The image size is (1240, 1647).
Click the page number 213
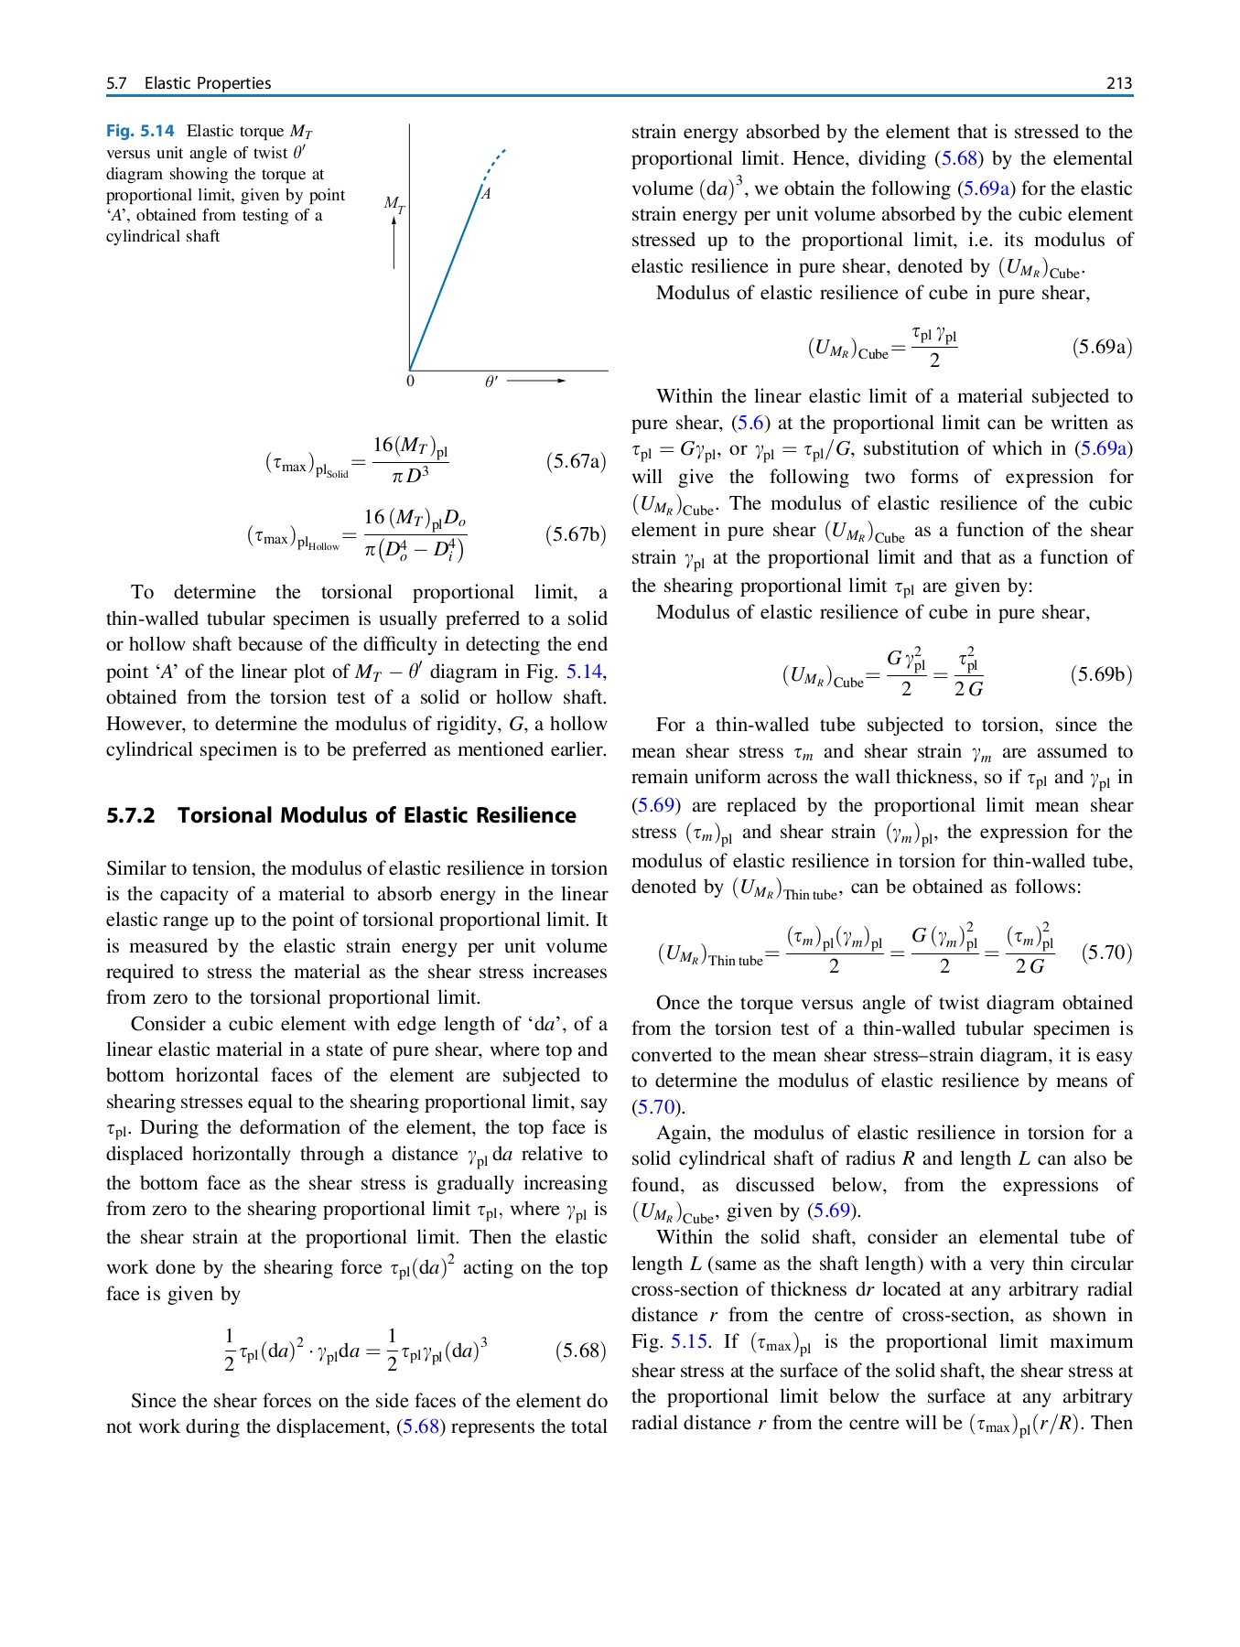pyautogui.click(x=1118, y=83)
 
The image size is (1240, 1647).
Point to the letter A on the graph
pyautogui.click(x=487, y=194)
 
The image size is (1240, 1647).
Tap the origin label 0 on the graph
pyautogui.click(x=410, y=381)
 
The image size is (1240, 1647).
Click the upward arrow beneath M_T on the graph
pyautogui.click(x=394, y=243)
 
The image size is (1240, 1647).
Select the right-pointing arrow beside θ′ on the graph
pyautogui.click(x=536, y=381)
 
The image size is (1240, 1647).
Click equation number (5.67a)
pyautogui.click(x=576, y=461)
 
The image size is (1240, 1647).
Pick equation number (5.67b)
pyautogui.click(x=576, y=534)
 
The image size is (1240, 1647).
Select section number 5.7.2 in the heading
pyautogui.click(x=131, y=815)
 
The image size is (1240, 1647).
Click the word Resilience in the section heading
pyautogui.click(x=532, y=815)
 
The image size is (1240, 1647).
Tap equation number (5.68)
pyautogui.click(x=580, y=1351)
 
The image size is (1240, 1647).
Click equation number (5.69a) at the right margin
pyautogui.click(x=1102, y=347)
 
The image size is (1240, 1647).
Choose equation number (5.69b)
pyautogui.click(x=1101, y=675)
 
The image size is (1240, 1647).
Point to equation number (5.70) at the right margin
pyautogui.click(x=1106, y=953)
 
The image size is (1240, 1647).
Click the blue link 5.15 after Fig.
pyautogui.click(x=689, y=1341)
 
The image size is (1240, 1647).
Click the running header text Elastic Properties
pyautogui.click(x=208, y=83)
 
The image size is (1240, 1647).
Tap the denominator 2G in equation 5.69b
pyautogui.click(x=968, y=689)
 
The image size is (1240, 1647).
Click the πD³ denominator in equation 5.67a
pyautogui.click(x=410, y=476)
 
